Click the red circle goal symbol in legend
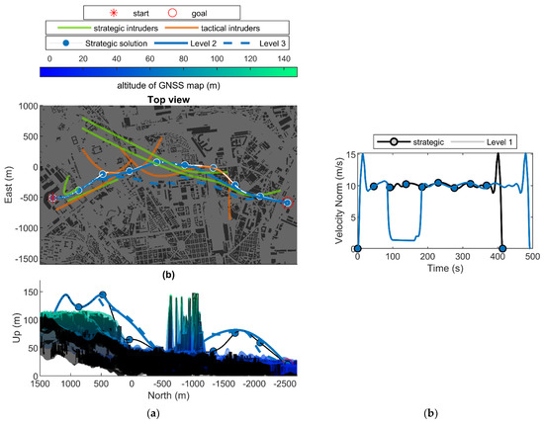pyautogui.click(x=175, y=11)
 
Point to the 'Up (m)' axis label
pyautogui.click(x=9, y=324)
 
